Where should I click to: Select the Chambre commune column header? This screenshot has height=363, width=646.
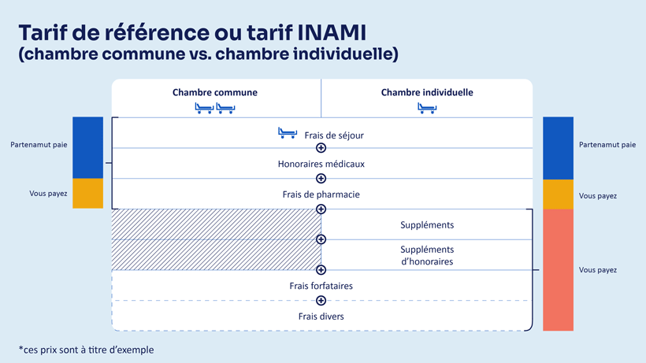click(x=214, y=93)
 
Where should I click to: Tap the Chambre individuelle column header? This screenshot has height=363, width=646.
click(x=427, y=93)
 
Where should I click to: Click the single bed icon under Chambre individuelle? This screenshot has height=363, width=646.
click(x=427, y=109)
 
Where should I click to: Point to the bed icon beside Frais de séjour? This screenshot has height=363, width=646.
click(x=288, y=133)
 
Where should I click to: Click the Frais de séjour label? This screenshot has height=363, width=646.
click(x=334, y=135)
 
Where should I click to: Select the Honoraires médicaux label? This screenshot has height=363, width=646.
click(x=321, y=165)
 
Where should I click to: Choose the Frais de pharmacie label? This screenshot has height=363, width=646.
click(x=321, y=194)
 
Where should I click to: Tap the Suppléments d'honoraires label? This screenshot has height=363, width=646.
click(x=426, y=255)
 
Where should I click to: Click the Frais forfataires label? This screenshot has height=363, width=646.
click(x=321, y=286)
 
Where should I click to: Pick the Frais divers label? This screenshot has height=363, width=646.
click(x=321, y=317)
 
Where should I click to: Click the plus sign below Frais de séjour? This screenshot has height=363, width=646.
click(x=321, y=148)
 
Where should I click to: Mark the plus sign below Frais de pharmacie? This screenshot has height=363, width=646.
click(x=321, y=209)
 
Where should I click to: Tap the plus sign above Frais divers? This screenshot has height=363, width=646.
click(x=321, y=301)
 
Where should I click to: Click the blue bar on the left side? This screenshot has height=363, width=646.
click(x=87, y=147)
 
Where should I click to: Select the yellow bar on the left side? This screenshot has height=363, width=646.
click(x=87, y=194)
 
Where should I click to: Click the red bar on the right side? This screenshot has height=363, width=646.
click(x=558, y=270)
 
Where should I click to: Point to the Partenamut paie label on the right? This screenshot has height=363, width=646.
click(x=607, y=145)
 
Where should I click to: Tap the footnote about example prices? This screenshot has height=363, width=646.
click(x=86, y=350)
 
